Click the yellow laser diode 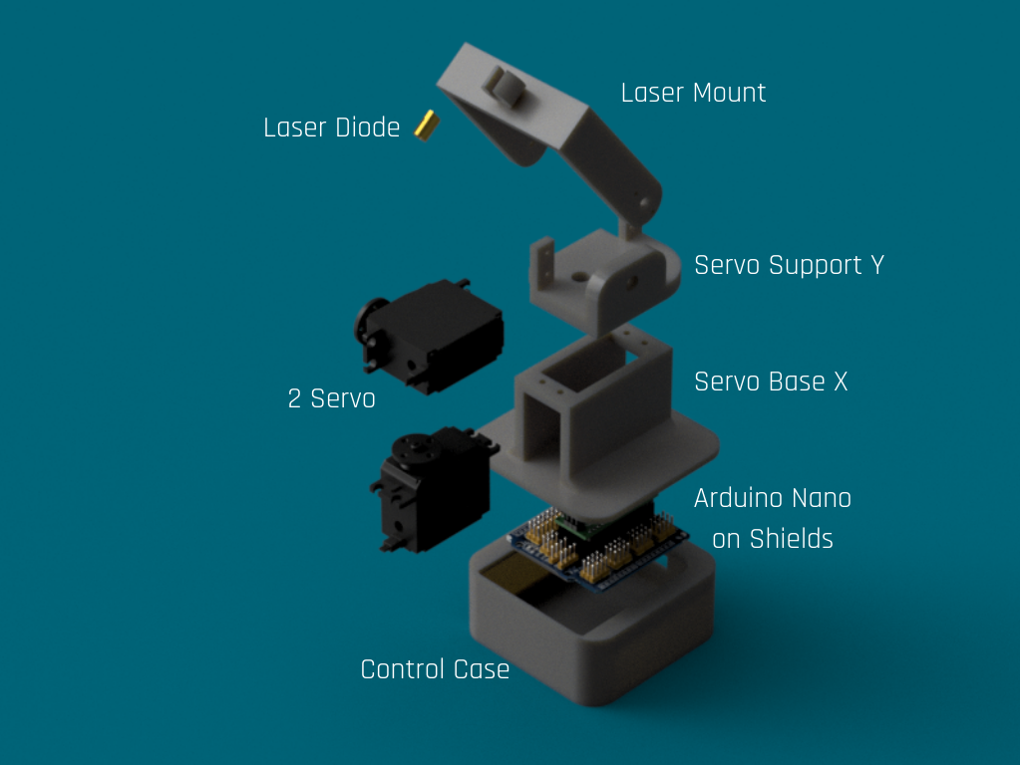[x=427, y=125]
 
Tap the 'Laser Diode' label [x=331, y=127]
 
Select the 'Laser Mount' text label [x=693, y=93]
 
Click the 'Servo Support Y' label [x=790, y=265]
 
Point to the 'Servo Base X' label [x=771, y=382]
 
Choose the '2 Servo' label [x=331, y=398]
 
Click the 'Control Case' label [x=435, y=669]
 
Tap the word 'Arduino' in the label [x=741, y=498]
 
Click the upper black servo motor [x=430, y=336]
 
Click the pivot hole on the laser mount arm [x=645, y=203]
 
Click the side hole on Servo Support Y [x=631, y=282]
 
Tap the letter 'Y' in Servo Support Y [x=877, y=265]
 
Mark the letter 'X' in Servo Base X [x=841, y=382]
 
